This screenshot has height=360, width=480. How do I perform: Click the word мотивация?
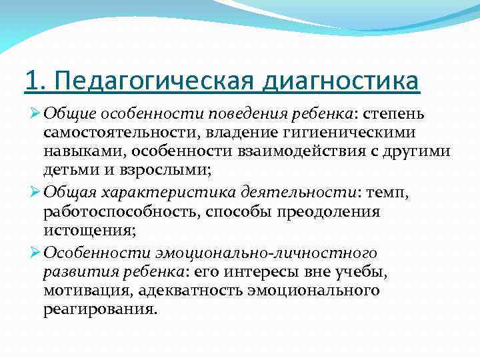[x=83, y=291]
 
